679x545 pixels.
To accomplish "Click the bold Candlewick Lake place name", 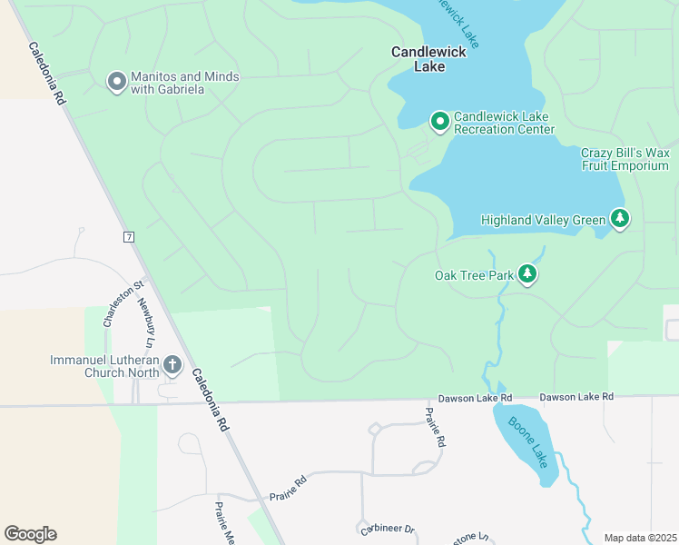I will (x=428, y=59).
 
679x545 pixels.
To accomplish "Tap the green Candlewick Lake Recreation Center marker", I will (x=440, y=122).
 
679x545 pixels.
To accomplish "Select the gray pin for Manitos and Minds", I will (x=116, y=83).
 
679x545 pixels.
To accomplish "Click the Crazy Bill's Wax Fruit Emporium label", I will (x=625, y=159).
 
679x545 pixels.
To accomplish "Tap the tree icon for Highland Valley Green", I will (x=620, y=219).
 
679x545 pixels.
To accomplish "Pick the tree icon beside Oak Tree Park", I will (x=526, y=274).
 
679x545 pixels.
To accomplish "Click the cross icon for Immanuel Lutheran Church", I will (x=172, y=367).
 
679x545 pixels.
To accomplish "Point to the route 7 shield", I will (x=130, y=237).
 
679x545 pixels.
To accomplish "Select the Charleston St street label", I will (x=112, y=304).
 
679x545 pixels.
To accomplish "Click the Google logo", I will (x=30, y=534).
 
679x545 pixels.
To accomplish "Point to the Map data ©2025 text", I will (x=640, y=537).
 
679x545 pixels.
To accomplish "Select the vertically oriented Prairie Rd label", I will (x=436, y=427).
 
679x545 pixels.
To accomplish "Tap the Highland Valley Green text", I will (x=543, y=220).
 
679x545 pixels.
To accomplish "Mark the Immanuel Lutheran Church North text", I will (x=104, y=367).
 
